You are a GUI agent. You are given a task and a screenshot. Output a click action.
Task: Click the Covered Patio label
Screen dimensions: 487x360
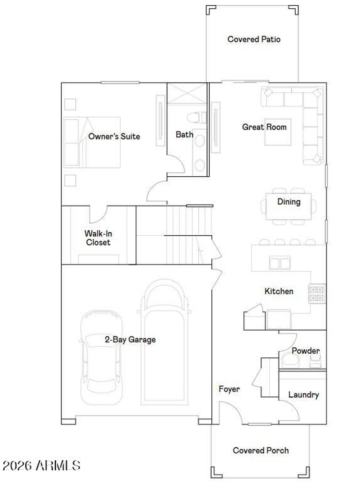coord(254,39)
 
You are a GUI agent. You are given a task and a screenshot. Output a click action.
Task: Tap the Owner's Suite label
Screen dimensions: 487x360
coord(114,136)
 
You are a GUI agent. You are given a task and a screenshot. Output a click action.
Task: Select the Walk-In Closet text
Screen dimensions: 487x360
coord(98,238)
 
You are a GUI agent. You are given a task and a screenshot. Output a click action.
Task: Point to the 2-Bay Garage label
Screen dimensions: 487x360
coord(130,339)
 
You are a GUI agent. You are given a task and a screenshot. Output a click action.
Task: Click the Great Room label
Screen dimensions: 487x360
coord(264,127)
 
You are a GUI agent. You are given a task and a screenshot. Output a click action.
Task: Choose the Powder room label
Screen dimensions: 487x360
coord(306,351)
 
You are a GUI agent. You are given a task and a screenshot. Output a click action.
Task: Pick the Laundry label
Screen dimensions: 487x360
coord(303,395)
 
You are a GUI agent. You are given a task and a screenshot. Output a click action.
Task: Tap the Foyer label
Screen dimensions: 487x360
coord(229,389)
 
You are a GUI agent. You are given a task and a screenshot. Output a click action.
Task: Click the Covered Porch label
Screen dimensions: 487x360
coord(261,450)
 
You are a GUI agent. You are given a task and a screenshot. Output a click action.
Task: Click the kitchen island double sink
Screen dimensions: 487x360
coord(279,263)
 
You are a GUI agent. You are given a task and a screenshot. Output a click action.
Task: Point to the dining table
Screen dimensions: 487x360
coord(289,206)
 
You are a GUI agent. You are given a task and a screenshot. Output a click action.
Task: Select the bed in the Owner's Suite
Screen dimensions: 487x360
coord(92,142)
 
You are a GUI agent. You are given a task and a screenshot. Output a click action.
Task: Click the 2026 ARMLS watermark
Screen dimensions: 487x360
coord(41,466)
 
